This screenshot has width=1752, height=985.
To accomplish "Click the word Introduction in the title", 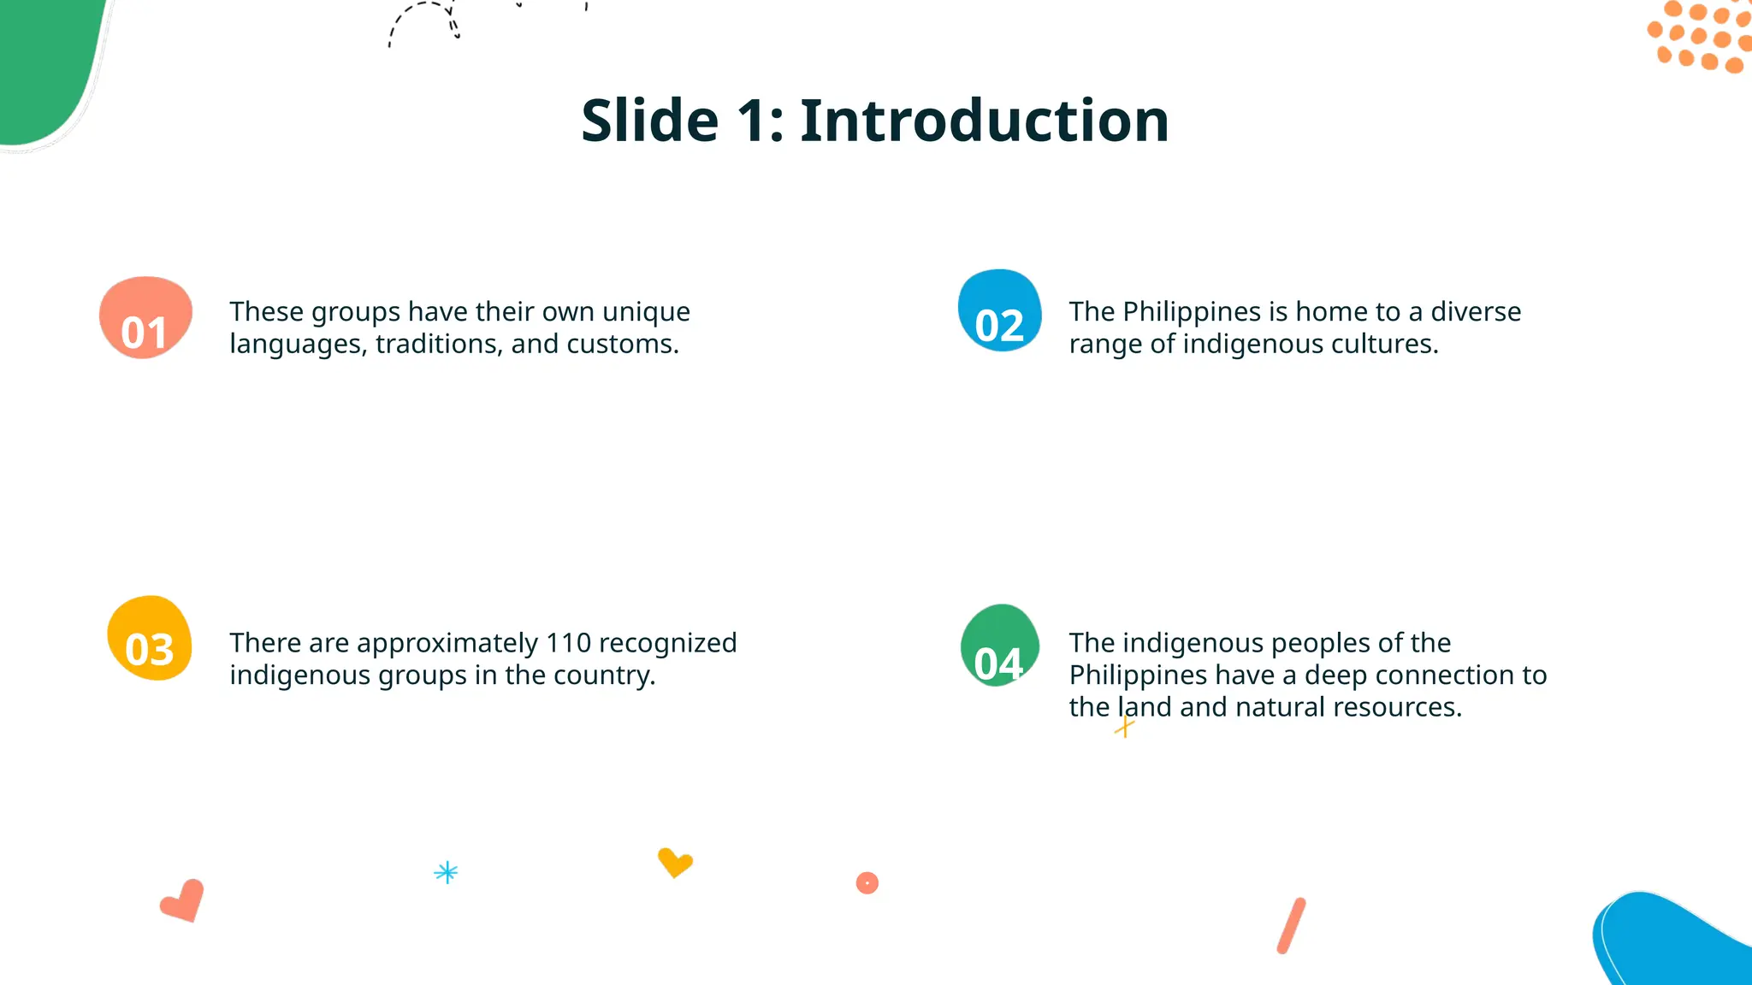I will (984, 121).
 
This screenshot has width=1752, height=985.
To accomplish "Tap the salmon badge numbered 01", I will (145, 318).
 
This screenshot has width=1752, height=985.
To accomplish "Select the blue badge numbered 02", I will (999, 311).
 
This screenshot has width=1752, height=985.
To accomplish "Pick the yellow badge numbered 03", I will (150, 639).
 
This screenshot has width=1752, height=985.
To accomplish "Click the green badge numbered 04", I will (999, 646).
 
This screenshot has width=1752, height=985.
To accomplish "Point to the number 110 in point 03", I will (568, 643).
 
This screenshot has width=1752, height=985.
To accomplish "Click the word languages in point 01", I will (298, 345).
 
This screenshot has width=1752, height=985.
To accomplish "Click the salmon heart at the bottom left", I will (183, 901).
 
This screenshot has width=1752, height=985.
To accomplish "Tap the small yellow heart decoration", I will (674, 862).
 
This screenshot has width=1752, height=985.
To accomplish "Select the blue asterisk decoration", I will (446, 872).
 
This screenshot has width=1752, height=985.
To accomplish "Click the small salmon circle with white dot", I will (867, 882).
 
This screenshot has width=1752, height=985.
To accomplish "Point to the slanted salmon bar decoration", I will (1291, 925).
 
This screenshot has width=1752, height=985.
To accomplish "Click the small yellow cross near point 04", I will (1124, 728).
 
